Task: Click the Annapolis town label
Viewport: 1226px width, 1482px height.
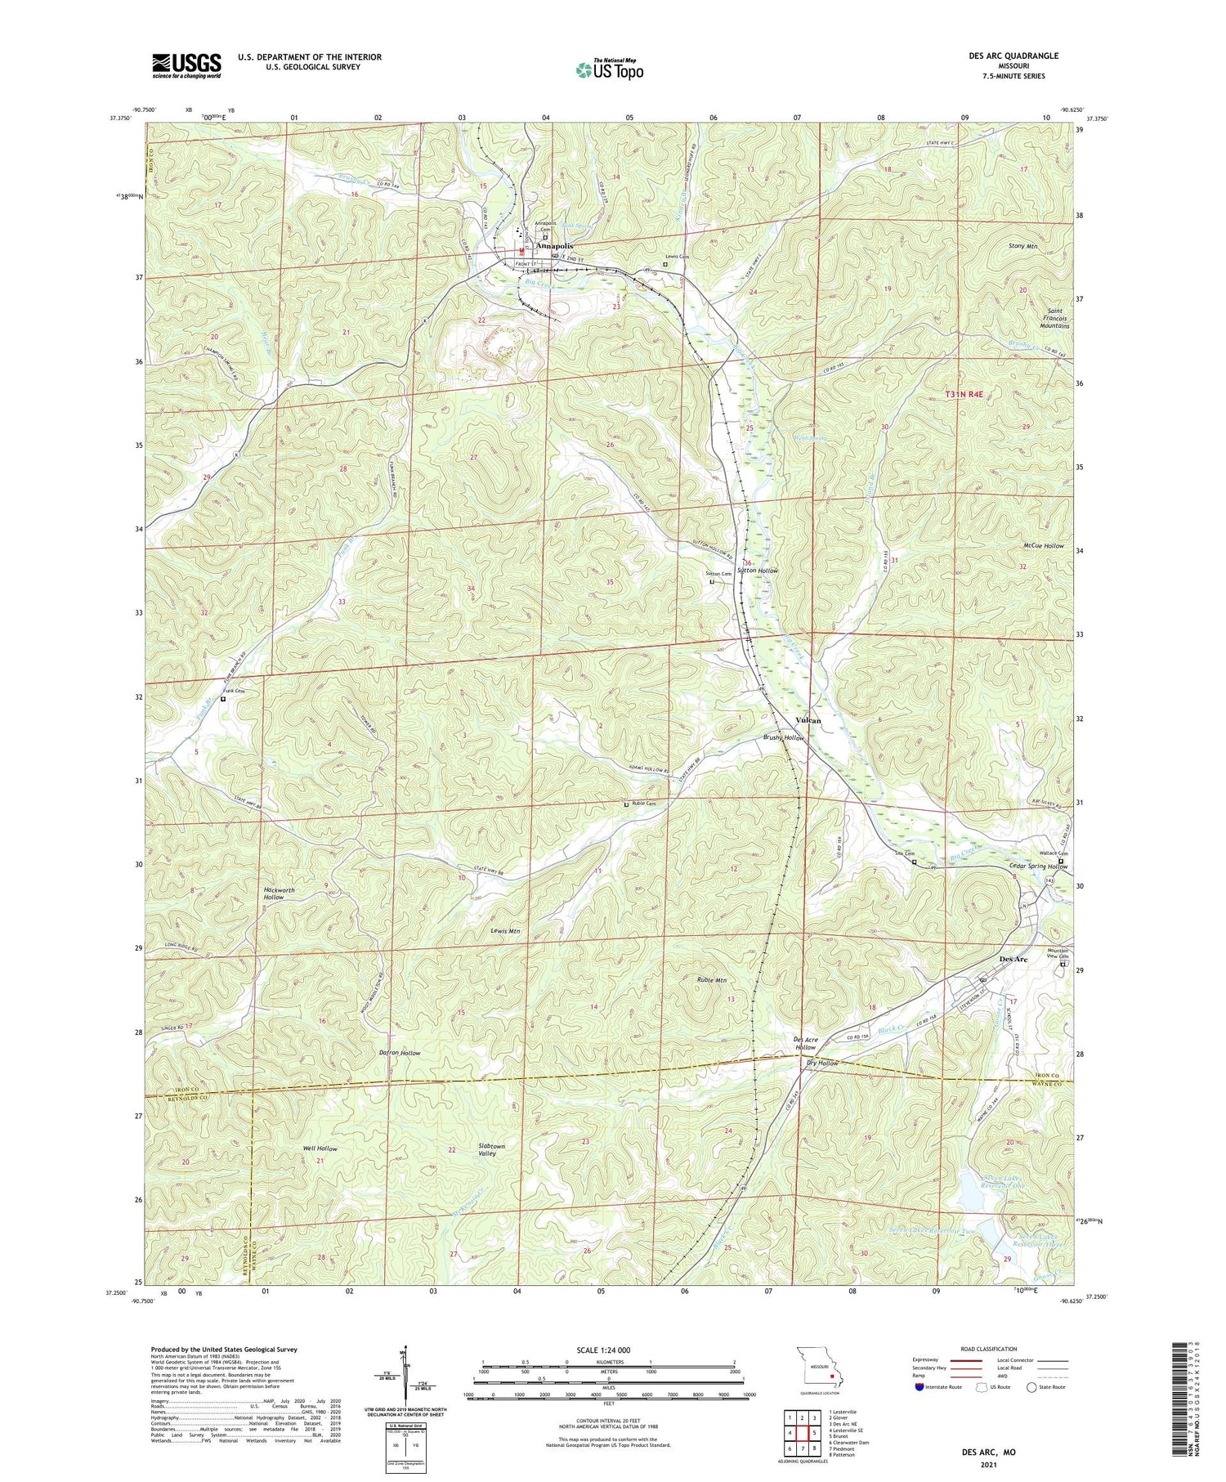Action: point(554,245)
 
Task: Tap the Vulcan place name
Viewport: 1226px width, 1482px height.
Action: point(808,720)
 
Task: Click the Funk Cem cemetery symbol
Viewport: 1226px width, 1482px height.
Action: point(223,699)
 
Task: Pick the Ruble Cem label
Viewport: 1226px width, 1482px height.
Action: point(644,804)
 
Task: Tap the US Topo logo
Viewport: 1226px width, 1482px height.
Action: point(608,69)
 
